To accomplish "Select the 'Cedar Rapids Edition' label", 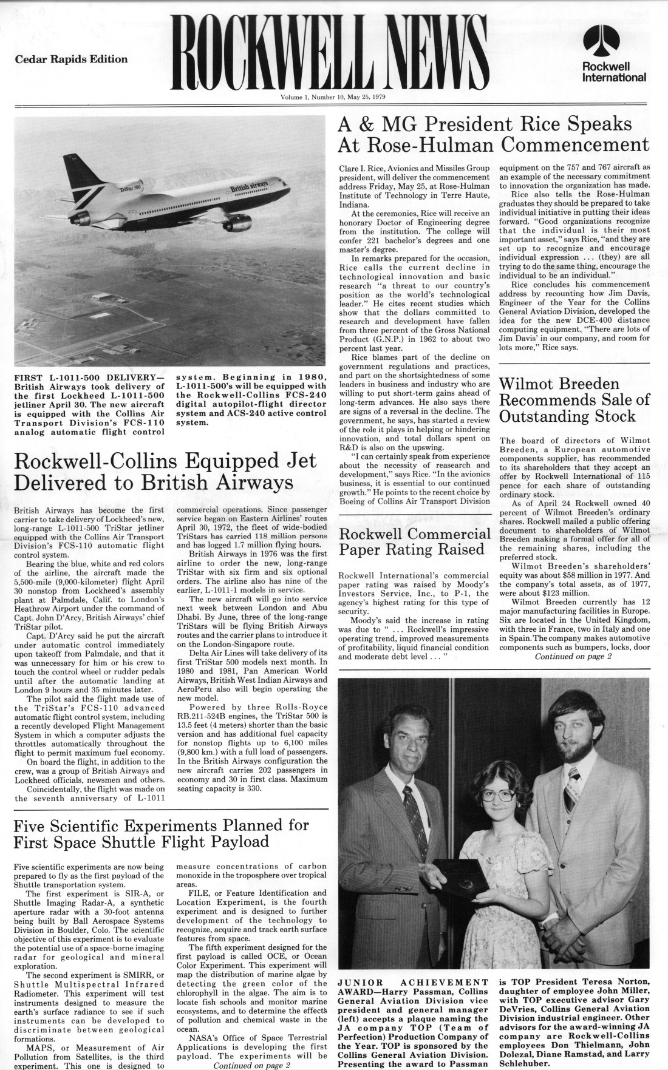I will pyautogui.click(x=71, y=59).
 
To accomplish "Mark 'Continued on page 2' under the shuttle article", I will pyautogui.click(x=251, y=1065).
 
